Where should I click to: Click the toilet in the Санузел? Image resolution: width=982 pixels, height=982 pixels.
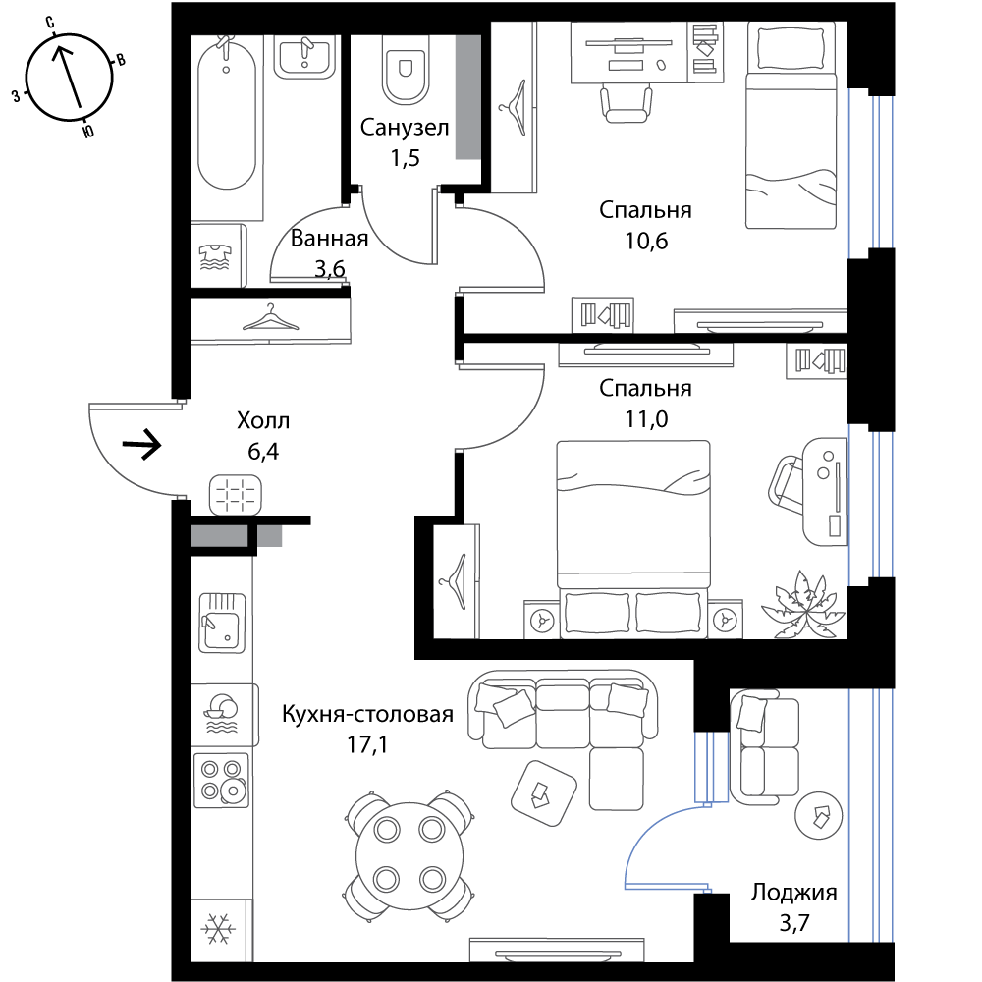pyautogui.click(x=406, y=70)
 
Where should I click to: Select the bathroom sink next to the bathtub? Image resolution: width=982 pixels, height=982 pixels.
pyautogui.click(x=305, y=57)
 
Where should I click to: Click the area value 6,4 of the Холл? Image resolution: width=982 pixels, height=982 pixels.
pyautogui.click(x=263, y=451)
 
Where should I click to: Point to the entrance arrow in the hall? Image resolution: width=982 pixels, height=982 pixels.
pyautogui.click(x=142, y=445)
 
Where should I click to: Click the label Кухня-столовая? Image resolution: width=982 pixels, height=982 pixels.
pyautogui.click(x=367, y=714)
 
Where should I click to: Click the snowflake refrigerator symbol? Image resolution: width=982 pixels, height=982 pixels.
pyautogui.click(x=218, y=928)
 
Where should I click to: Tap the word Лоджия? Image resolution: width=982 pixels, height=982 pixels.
pyautogui.click(x=794, y=893)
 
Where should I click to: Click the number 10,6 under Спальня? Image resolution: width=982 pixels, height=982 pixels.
pyautogui.click(x=646, y=241)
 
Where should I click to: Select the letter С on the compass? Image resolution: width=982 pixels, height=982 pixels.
pyautogui.click(x=49, y=24)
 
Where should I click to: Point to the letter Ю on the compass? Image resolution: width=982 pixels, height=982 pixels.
pyautogui.click(x=88, y=131)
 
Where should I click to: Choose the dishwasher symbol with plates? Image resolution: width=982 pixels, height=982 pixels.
pyautogui.click(x=220, y=714)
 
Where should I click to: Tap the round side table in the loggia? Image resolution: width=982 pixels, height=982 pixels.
pyautogui.click(x=819, y=815)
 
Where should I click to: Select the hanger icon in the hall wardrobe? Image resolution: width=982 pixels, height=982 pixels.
pyautogui.click(x=271, y=318)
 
